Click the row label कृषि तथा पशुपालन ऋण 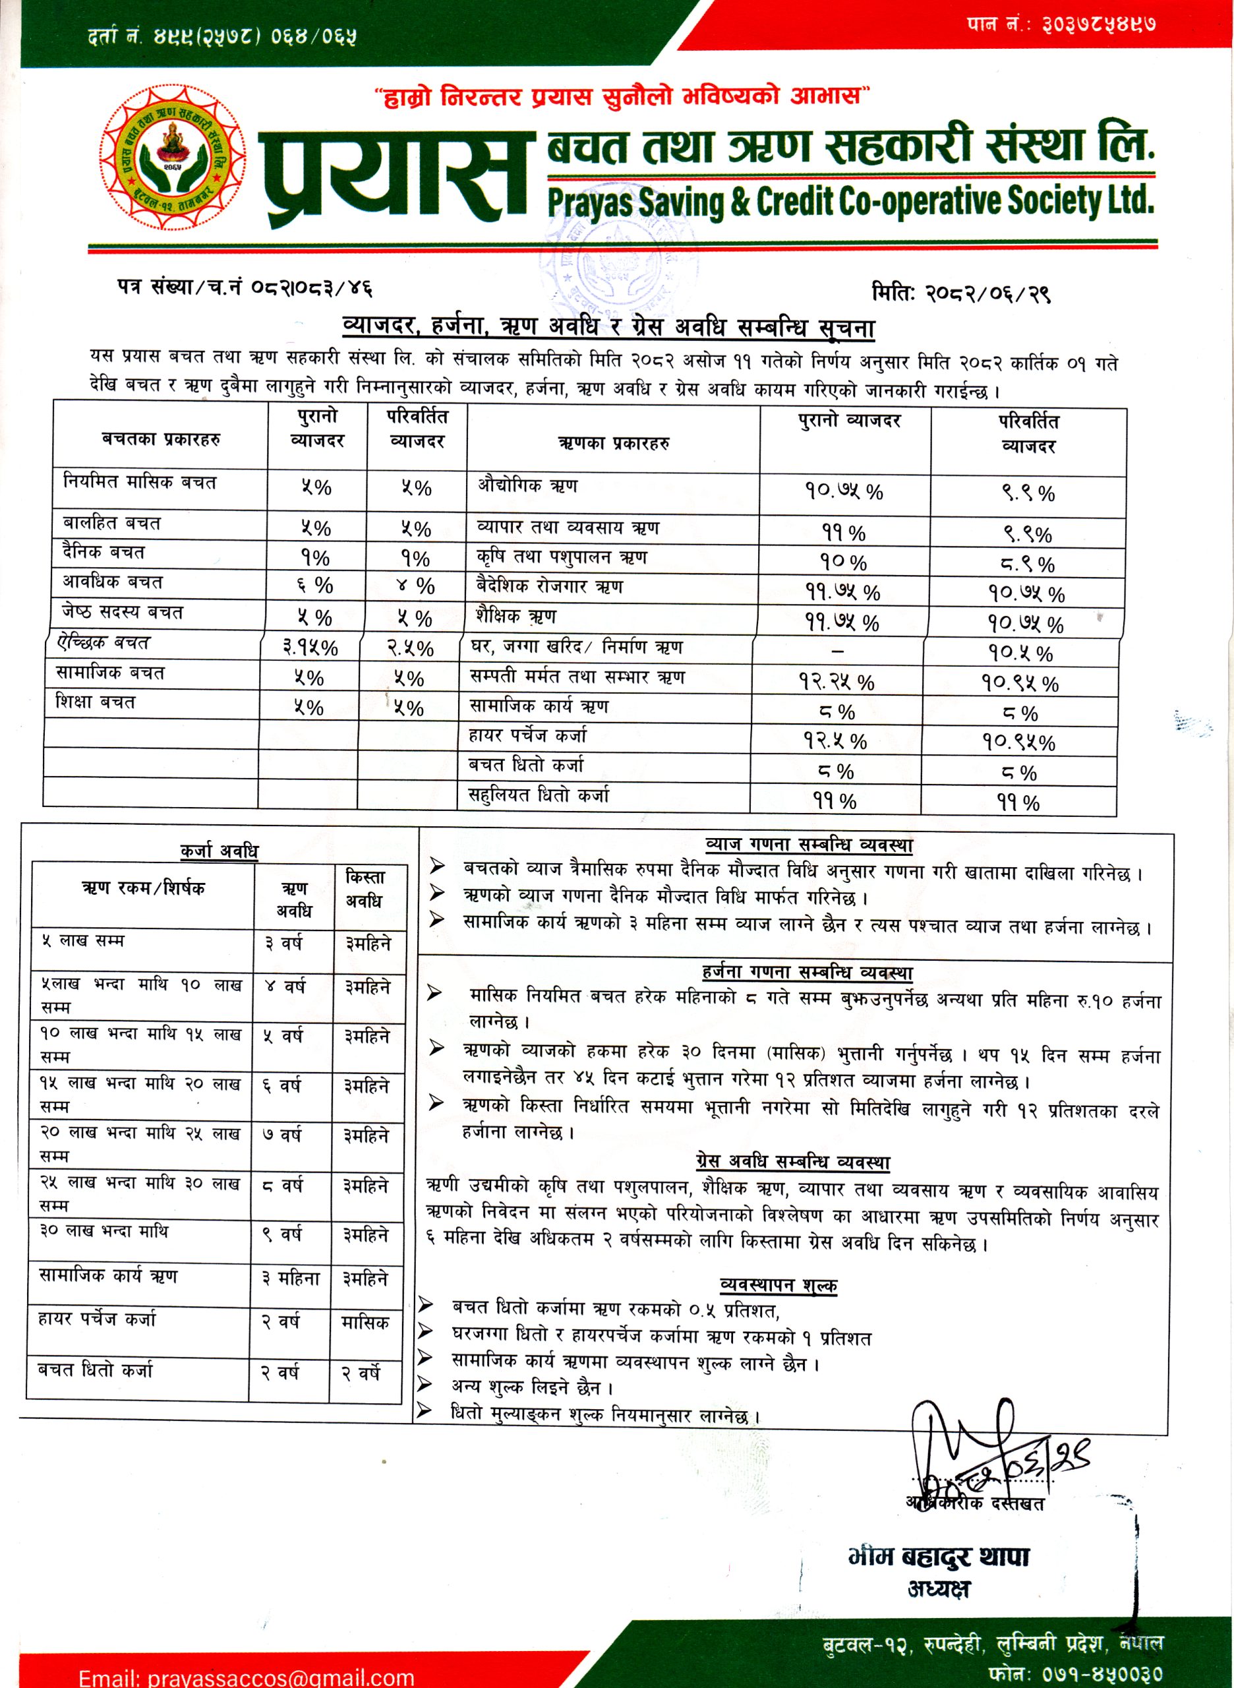tap(561, 557)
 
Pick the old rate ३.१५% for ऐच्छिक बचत tap(310, 647)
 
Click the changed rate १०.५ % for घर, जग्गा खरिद tap(1020, 653)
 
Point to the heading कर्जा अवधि tap(219, 851)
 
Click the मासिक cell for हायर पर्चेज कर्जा tap(365, 1323)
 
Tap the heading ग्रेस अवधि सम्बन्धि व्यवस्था tap(792, 1162)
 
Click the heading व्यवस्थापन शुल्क tap(779, 1285)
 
